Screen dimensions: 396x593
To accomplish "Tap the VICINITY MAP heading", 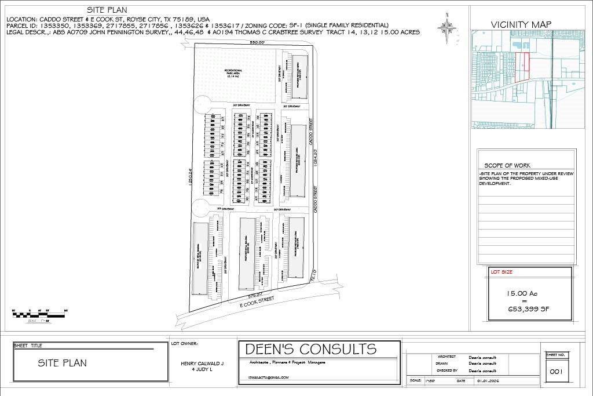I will coord(521,24).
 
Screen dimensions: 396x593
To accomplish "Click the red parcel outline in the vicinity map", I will coord(522,66).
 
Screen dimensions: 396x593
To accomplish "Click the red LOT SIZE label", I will coord(502,271).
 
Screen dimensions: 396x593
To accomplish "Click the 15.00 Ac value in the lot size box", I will coord(524,295).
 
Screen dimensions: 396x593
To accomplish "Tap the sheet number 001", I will coord(557,371).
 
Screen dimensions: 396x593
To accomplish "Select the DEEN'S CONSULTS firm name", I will coord(311,349).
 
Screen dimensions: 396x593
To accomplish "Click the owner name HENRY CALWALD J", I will coord(199,364).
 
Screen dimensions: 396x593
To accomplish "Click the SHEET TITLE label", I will coord(28,346).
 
